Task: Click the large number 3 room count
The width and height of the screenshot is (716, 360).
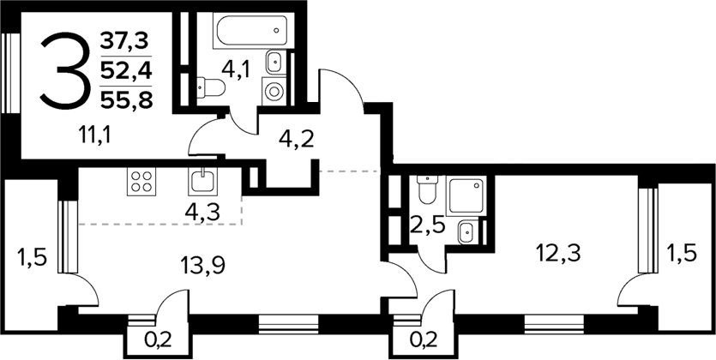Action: [65, 69]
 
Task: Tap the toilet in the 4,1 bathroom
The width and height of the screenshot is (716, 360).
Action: [208, 87]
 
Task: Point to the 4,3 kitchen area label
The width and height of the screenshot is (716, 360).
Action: [202, 209]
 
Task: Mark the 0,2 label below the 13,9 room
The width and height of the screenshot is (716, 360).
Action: [156, 339]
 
